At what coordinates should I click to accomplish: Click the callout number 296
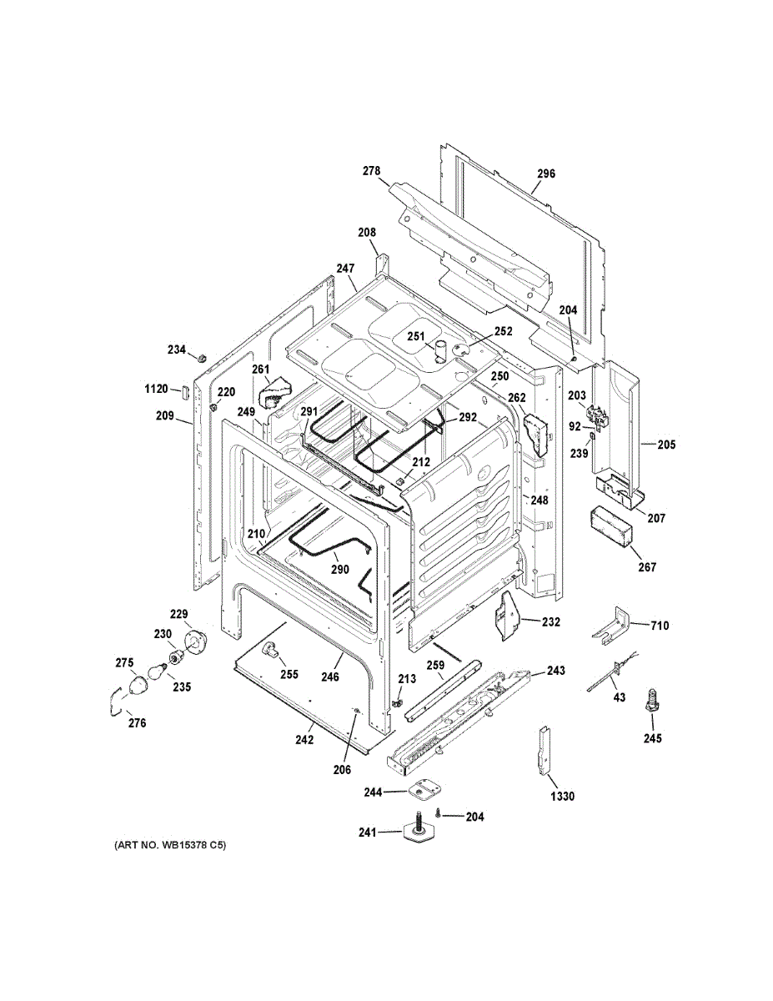click(x=545, y=174)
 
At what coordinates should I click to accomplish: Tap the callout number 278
click(x=371, y=171)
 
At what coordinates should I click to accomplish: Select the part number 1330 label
click(x=562, y=797)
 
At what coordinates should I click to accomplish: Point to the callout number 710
click(x=660, y=625)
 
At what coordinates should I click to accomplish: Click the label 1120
click(x=156, y=388)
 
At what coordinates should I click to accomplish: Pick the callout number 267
click(x=647, y=567)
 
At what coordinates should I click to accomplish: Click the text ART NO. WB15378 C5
click(x=169, y=846)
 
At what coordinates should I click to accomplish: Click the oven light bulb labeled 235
click(x=158, y=672)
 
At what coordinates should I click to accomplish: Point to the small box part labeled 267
click(x=610, y=527)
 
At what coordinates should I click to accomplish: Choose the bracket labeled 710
click(x=615, y=626)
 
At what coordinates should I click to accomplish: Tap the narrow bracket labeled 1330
click(x=545, y=750)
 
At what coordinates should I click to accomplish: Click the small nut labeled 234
click(x=201, y=356)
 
